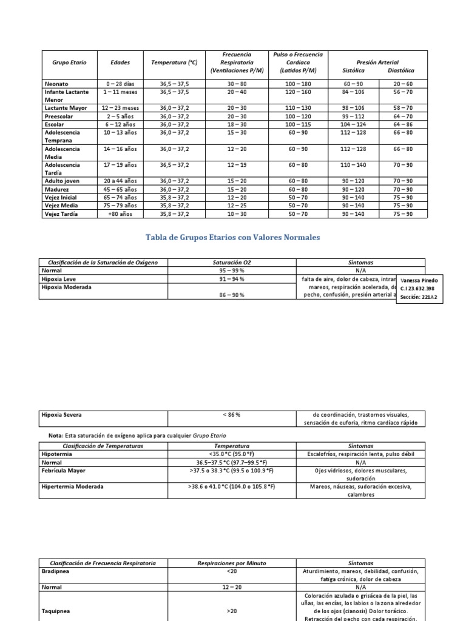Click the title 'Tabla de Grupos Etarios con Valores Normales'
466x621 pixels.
[232, 237]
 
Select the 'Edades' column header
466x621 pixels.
[120, 62]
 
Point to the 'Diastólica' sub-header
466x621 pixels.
[401, 70]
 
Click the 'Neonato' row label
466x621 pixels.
[56, 84]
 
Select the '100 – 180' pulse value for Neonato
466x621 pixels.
[298, 84]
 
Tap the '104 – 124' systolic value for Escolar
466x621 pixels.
[353, 124]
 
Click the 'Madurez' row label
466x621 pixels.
[56, 189]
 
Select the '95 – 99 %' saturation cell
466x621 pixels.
[231, 270]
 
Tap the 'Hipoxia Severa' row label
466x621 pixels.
[62, 415]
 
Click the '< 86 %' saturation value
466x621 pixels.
[231, 415]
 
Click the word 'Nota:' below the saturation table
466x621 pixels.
[56, 435]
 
